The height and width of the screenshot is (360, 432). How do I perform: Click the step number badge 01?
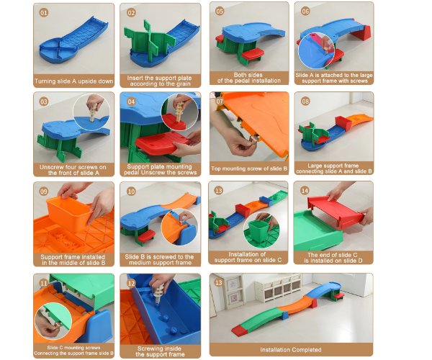coord(43,13)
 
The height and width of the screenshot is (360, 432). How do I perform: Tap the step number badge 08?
coord(305,102)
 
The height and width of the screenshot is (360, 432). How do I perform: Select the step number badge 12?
coord(131,284)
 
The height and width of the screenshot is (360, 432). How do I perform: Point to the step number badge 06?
coord(305,12)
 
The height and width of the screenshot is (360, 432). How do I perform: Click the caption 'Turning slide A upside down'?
coord(74,81)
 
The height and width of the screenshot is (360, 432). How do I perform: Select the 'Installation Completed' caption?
coord(291,350)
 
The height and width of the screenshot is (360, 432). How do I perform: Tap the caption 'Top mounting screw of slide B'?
coord(249,168)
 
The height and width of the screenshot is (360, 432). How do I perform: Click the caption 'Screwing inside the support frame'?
coord(160,351)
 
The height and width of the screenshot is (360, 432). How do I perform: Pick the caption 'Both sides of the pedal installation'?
coord(249,78)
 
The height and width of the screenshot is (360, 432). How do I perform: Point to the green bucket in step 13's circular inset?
coord(258,230)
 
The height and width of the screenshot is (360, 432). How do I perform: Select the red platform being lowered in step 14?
coord(336,211)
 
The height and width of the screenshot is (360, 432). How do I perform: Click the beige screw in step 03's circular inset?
coord(94,112)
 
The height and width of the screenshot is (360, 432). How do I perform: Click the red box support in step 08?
coord(343,123)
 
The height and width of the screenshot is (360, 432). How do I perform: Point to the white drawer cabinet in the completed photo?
coord(278,291)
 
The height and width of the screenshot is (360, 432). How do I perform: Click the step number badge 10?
coord(131,192)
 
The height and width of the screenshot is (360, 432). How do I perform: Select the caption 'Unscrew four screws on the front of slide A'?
coord(73,170)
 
